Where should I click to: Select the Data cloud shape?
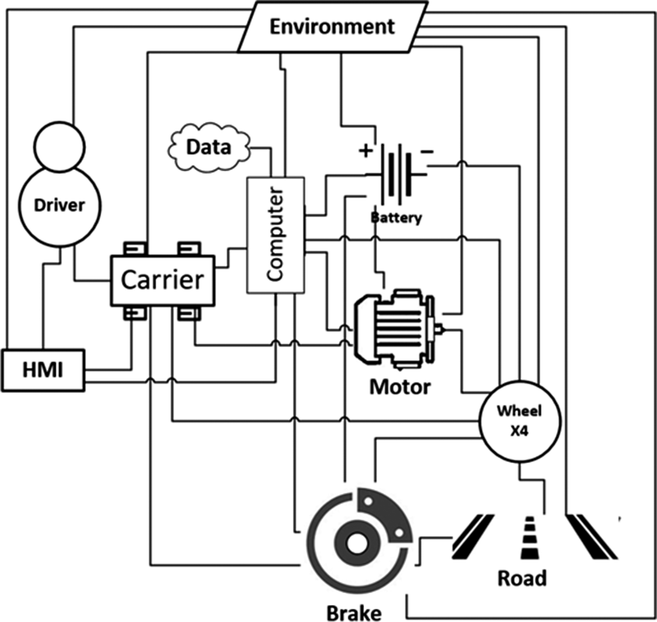(209, 147)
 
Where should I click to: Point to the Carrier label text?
(162, 280)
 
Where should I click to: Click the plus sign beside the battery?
(364, 151)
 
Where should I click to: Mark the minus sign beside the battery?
(426, 151)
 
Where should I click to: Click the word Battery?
(396, 217)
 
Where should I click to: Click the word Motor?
(399, 386)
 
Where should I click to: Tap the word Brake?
(353, 612)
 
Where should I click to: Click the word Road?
(522, 578)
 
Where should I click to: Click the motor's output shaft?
(442, 330)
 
